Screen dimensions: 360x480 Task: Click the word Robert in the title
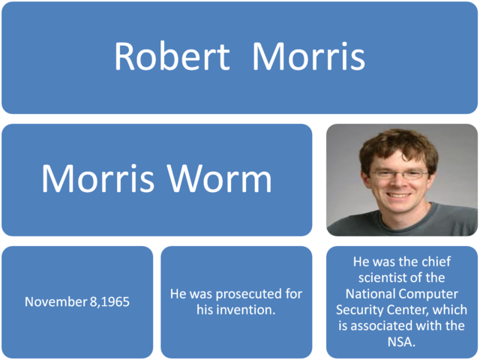(172, 57)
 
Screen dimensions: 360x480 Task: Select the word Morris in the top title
(308, 57)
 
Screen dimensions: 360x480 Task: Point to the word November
(55, 302)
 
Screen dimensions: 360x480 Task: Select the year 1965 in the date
(115, 302)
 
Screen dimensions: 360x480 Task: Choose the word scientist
(389, 278)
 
